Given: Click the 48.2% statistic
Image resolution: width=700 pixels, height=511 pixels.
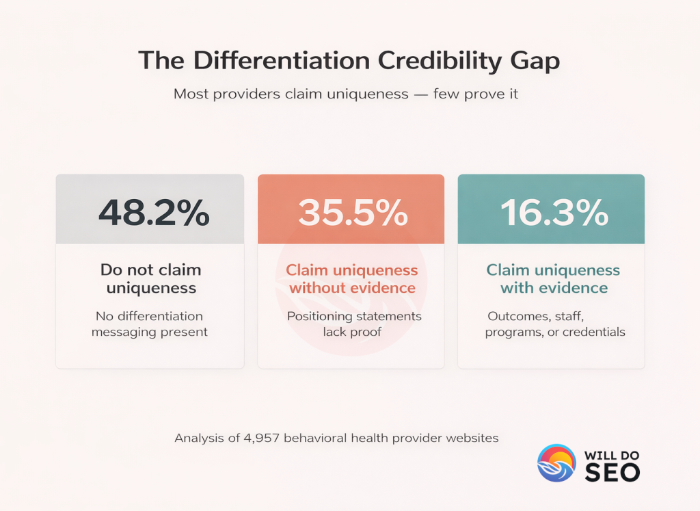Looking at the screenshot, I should (154, 213).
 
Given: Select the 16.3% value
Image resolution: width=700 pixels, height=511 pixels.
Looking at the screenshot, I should (554, 213).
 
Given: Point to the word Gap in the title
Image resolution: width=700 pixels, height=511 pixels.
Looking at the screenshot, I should (534, 61).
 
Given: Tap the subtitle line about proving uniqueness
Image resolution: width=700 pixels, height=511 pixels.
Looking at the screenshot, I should (346, 94).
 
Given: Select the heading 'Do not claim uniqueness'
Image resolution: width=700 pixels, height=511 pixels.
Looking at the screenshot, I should (150, 278).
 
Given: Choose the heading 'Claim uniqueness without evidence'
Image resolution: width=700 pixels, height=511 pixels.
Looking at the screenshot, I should (352, 278).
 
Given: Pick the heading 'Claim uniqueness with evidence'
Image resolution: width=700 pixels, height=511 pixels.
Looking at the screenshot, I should (553, 278).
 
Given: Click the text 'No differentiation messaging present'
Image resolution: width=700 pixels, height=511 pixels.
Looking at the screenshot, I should (149, 324).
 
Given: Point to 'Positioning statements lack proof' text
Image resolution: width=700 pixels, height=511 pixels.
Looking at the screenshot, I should (354, 324).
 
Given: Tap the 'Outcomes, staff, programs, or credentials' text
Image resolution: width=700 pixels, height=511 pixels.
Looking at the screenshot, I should (555, 324).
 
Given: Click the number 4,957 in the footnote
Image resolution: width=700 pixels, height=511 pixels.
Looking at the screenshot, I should (260, 437).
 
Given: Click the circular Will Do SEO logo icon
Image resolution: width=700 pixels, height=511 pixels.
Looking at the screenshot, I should (556, 463).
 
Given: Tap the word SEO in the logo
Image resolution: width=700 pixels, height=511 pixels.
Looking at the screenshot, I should (612, 472).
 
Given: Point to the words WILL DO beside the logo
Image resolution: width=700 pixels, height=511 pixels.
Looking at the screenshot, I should (612, 454).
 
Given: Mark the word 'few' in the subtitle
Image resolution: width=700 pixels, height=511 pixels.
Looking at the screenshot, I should (447, 94).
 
